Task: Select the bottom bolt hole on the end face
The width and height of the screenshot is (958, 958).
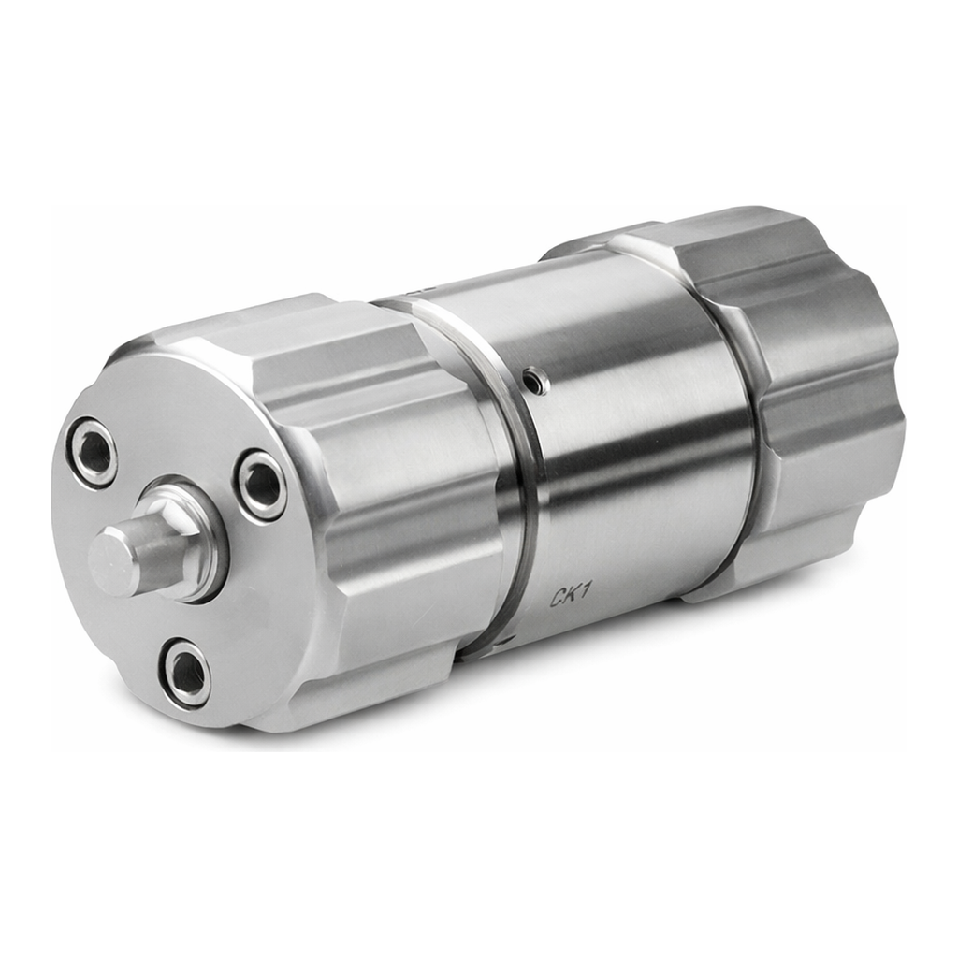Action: pyautogui.click(x=186, y=672)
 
